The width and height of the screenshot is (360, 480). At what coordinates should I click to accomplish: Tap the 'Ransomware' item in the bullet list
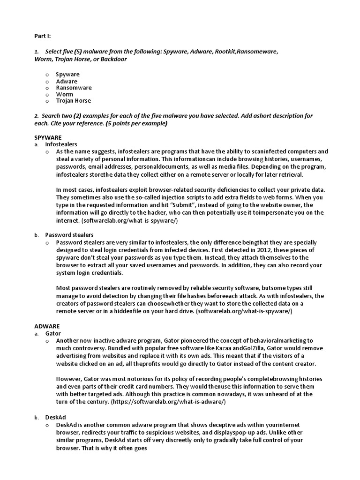pyautogui.click(x=74, y=88)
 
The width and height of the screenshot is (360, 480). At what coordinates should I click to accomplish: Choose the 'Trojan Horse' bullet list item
pyautogui.click(x=74, y=101)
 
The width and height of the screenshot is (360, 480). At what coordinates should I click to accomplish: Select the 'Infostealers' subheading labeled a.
pyautogui.click(x=61, y=144)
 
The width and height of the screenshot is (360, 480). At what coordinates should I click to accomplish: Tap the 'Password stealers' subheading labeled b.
pyautogui.click(x=69, y=235)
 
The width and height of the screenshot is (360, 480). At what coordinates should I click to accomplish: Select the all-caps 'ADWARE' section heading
pyautogui.click(x=47, y=326)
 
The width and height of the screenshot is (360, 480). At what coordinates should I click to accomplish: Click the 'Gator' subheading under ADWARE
pyautogui.click(x=53, y=333)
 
